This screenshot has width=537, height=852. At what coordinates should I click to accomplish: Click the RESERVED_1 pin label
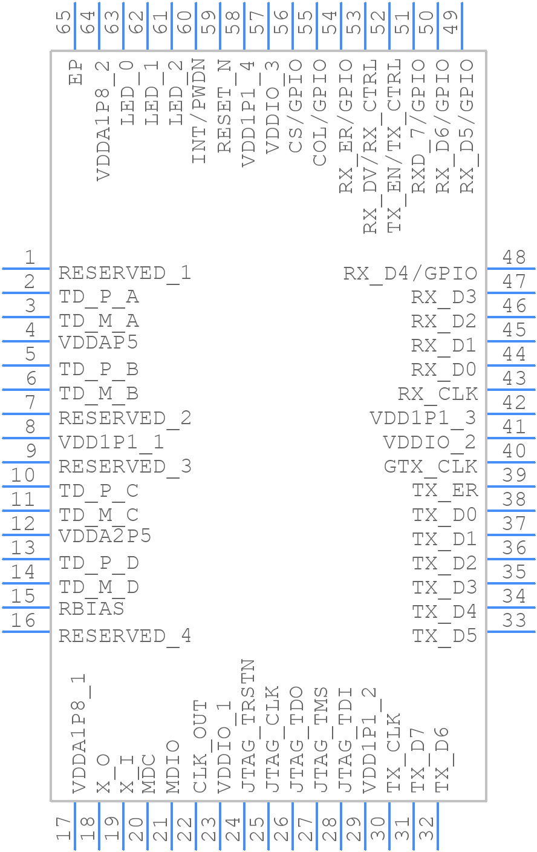pyautogui.click(x=125, y=273)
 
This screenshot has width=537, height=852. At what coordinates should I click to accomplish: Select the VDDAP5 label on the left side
pyautogui.click(x=98, y=342)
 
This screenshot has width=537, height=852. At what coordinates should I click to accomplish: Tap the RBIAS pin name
pyautogui.click(x=91, y=609)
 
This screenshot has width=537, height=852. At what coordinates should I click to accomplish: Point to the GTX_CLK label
pyautogui.click(x=431, y=467)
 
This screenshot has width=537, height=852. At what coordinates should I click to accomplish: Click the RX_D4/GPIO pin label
pyautogui.click(x=411, y=274)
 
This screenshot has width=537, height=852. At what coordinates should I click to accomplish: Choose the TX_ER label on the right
pyautogui.click(x=445, y=490)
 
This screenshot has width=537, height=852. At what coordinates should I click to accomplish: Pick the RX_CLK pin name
pyautogui.click(x=438, y=394)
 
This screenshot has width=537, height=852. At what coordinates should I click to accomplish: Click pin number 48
pyautogui.click(x=514, y=258)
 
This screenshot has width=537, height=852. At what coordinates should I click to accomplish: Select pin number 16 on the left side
pyautogui.click(x=24, y=621)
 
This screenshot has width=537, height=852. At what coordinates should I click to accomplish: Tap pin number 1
pyautogui.click(x=29, y=258)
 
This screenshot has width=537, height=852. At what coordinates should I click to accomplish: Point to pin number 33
pyautogui.click(x=514, y=621)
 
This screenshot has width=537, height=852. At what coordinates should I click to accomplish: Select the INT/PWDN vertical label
pyautogui.click(x=199, y=111)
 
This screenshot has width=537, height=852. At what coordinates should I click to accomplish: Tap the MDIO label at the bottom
pyautogui.click(x=173, y=766)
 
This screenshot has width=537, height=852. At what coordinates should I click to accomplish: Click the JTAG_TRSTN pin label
pyautogui.click(x=248, y=726)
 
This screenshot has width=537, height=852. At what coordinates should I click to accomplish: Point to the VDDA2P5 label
pyautogui.click(x=105, y=536)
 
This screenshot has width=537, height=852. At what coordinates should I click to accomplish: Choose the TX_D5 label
pyautogui.click(x=445, y=636)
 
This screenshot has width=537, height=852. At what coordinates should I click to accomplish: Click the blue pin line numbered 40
pyautogui.click(x=510, y=462)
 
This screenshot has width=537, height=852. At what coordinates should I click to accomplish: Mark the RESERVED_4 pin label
pyautogui.click(x=125, y=636)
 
